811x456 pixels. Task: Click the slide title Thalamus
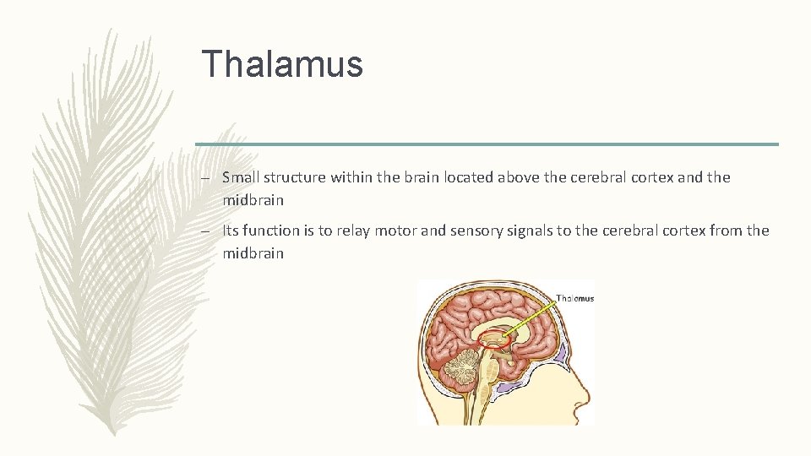pos(282,64)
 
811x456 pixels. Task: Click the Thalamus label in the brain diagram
pos(574,298)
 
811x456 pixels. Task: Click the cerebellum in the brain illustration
pos(460,372)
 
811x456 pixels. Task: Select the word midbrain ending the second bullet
pos(253,253)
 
